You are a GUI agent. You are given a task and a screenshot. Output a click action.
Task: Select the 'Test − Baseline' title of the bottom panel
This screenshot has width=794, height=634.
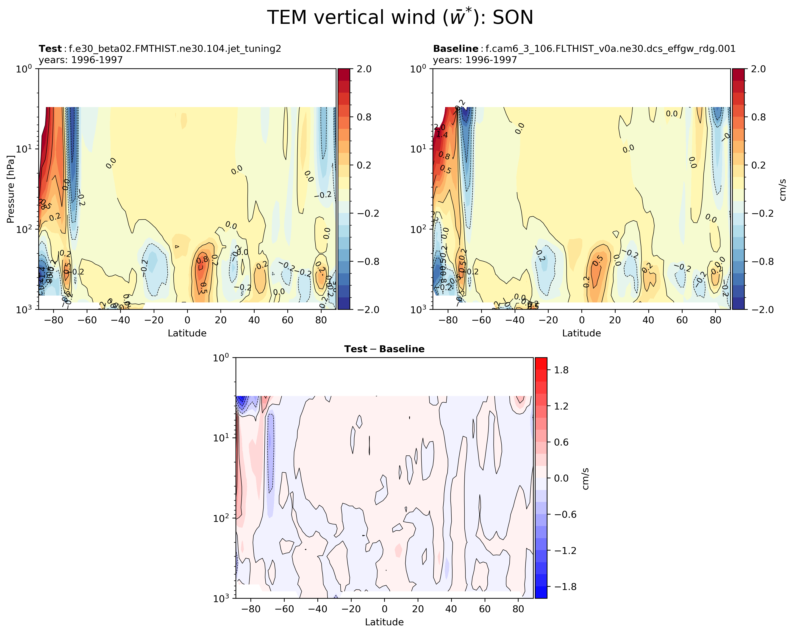point(384,349)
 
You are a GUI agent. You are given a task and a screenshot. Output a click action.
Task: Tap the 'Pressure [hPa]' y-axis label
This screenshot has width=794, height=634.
point(10,189)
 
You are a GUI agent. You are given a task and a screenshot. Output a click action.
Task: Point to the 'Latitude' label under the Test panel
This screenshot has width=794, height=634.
point(187,333)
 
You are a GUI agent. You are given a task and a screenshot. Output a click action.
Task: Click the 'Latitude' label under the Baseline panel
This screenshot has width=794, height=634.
point(581,333)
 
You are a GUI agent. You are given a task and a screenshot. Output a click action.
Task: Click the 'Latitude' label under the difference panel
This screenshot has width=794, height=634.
point(384,622)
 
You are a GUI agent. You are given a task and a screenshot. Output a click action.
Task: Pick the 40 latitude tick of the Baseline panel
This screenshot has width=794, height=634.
point(648,320)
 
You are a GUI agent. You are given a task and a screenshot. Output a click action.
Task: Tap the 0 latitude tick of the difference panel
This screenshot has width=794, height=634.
point(384,609)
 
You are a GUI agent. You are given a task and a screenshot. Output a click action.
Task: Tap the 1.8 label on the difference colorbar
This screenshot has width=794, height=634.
point(561,370)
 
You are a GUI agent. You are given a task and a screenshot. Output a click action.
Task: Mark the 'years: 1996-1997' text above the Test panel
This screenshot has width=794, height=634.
point(81,60)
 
